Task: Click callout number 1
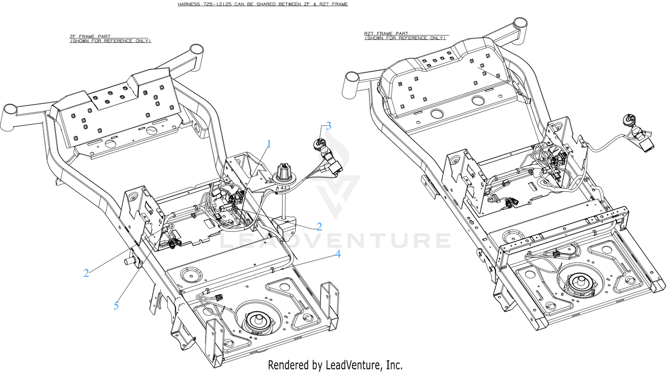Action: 269,144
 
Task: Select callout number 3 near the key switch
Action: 329,126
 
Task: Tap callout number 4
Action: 338,254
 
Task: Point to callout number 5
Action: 116,306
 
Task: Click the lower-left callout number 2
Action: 86,273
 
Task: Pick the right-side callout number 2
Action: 319,227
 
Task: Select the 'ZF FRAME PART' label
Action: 90,36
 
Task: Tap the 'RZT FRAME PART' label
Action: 386,34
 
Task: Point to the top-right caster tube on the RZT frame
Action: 520,25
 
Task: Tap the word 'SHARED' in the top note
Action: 267,4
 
